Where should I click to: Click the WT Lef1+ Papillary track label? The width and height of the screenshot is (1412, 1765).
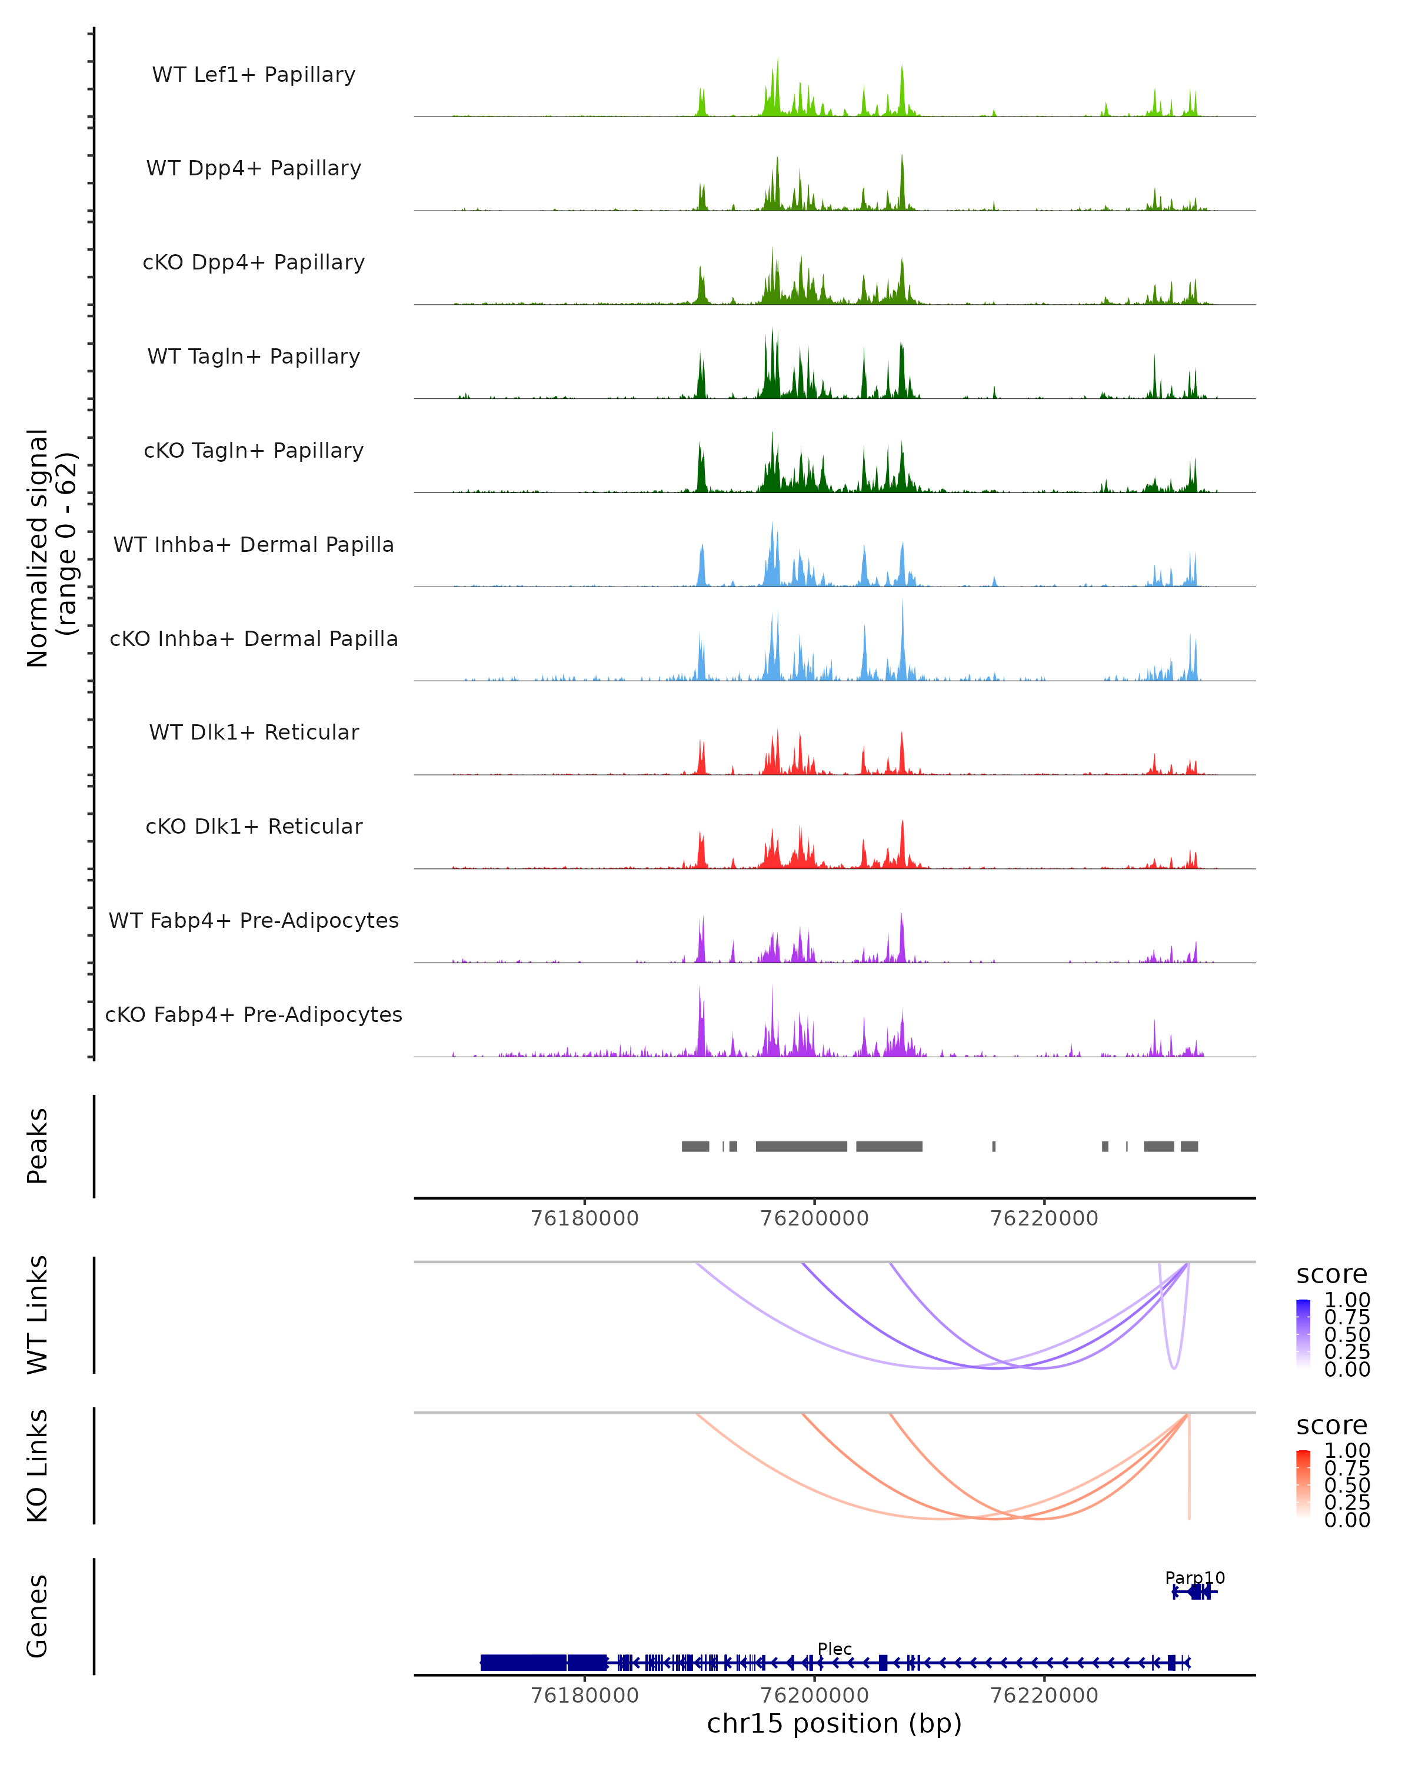click(254, 75)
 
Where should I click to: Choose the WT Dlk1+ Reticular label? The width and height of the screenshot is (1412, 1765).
click(254, 732)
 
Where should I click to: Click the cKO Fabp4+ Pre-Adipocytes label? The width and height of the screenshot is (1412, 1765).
click(254, 1014)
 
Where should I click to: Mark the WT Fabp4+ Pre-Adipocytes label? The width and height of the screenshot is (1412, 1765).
click(254, 920)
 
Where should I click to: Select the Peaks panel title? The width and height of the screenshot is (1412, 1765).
click(38, 1146)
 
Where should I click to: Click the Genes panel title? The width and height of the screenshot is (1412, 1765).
click(38, 1616)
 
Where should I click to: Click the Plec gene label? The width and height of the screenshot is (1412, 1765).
click(834, 1649)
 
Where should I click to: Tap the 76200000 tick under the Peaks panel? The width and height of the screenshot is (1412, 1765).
click(814, 1218)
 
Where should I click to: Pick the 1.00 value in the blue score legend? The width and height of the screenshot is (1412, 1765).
click(1347, 1300)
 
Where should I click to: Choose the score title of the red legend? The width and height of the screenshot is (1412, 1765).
click(1332, 1426)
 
